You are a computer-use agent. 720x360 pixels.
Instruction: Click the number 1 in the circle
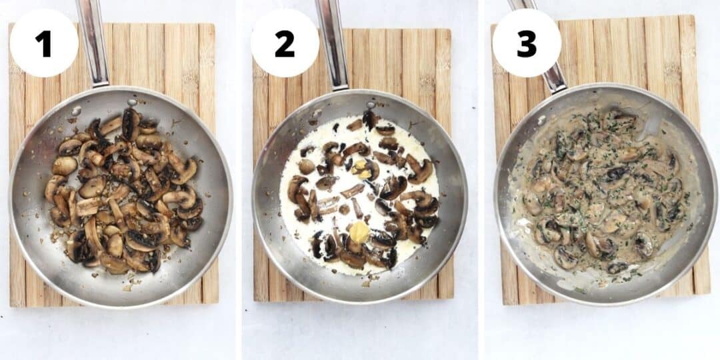(x=43, y=44)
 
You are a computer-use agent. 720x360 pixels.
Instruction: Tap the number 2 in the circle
(x=285, y=44)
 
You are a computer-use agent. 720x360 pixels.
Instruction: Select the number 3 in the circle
(x=526, y=44)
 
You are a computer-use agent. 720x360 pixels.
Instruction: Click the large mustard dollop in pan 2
(x=359, y=232)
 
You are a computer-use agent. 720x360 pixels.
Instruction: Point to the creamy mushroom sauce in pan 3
(x=600, y=193)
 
